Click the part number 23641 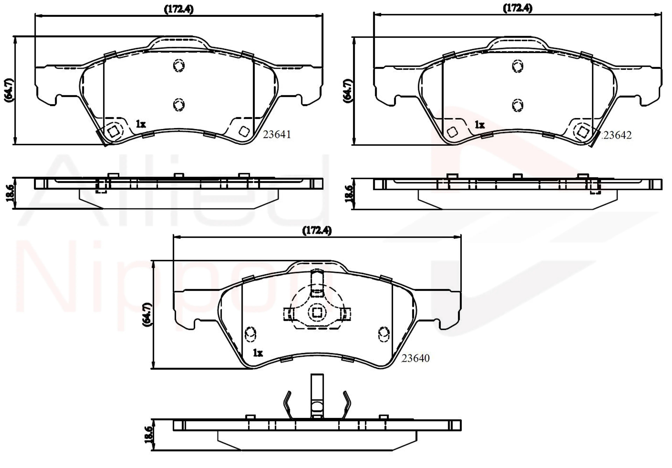276,135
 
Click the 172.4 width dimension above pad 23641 178,9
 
